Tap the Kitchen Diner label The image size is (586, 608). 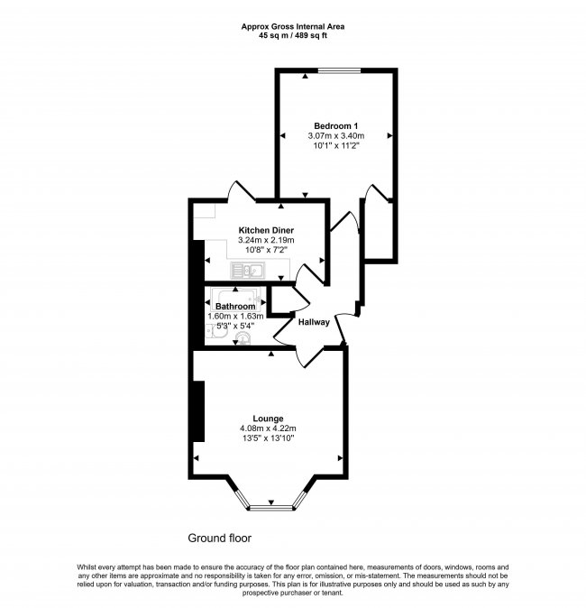[266, 230]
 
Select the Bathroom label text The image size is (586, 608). [235, 306]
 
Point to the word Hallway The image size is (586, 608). [314, 322]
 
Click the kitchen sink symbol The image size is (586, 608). [245, 270]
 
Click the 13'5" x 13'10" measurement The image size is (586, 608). [268, 438]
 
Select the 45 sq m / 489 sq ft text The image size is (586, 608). [292, 36]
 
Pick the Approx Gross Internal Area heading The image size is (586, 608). [292, 26]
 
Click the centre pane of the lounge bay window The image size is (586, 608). [270, 508]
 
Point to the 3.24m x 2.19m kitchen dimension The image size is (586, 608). [266, 241]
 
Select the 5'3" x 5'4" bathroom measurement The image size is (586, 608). [235, 326]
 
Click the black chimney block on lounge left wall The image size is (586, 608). [198, 411]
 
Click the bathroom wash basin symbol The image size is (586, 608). [242, 339]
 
